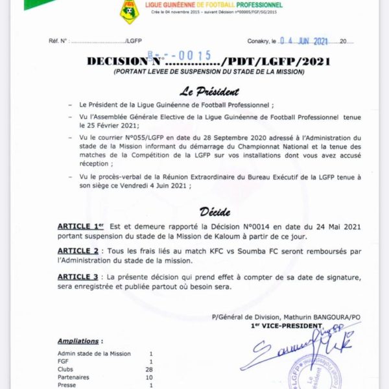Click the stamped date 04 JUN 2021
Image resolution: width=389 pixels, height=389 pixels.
(305, 40)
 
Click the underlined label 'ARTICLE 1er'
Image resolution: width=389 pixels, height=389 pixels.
(80, 226)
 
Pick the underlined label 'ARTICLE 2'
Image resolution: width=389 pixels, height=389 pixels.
(78, 250)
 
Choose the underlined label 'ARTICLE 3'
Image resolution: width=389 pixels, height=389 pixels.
(78, 277)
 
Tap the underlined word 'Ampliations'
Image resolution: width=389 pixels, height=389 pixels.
(78, 340)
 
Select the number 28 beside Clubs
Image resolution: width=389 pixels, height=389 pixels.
(150, 369)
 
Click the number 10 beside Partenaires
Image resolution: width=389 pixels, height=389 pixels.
(150, 377)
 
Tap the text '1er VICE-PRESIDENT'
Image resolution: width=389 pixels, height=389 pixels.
(287, 325)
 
